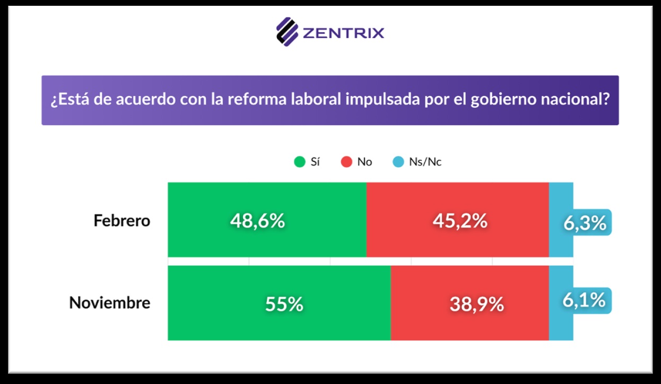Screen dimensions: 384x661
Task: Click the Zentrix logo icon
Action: tap(287, 32)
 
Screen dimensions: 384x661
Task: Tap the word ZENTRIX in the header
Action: tap(343, 33)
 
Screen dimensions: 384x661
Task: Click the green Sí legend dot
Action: tap(300, 162)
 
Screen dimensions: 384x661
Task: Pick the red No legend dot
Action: tap(346, 162)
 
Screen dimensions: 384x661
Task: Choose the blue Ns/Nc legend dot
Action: tap(398, 162)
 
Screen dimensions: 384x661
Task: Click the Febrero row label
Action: tap(122, 221)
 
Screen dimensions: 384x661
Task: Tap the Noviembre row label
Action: tap(110, 303)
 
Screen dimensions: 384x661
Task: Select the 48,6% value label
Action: tap(257, 221)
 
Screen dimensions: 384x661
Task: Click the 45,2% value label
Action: tap(460, 221)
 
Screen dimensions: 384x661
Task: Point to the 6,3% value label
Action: tap(585, 223)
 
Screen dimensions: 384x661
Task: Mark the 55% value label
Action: tap(284, 304)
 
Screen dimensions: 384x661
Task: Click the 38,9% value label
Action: tap(476, 304)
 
